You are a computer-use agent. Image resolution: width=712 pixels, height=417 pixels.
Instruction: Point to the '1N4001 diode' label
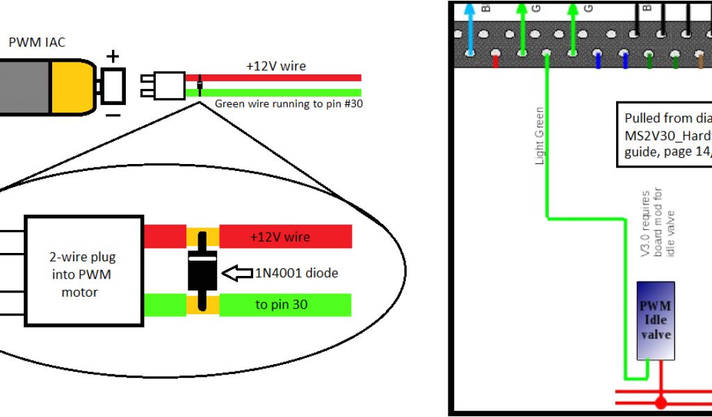click(296, 273)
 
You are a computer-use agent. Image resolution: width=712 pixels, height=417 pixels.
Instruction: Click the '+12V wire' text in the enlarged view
click(280, 237)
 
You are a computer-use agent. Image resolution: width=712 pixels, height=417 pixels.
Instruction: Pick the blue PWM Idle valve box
click(656, 320)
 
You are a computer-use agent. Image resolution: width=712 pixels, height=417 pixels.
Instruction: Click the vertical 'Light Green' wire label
click(540, 136)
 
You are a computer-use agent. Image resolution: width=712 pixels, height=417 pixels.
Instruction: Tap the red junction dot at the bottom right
click(661, 402)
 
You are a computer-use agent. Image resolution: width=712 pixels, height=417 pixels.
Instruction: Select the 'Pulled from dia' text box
click(664, 135)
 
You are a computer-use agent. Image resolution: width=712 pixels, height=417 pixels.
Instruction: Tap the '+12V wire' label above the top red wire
click(276, 67)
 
